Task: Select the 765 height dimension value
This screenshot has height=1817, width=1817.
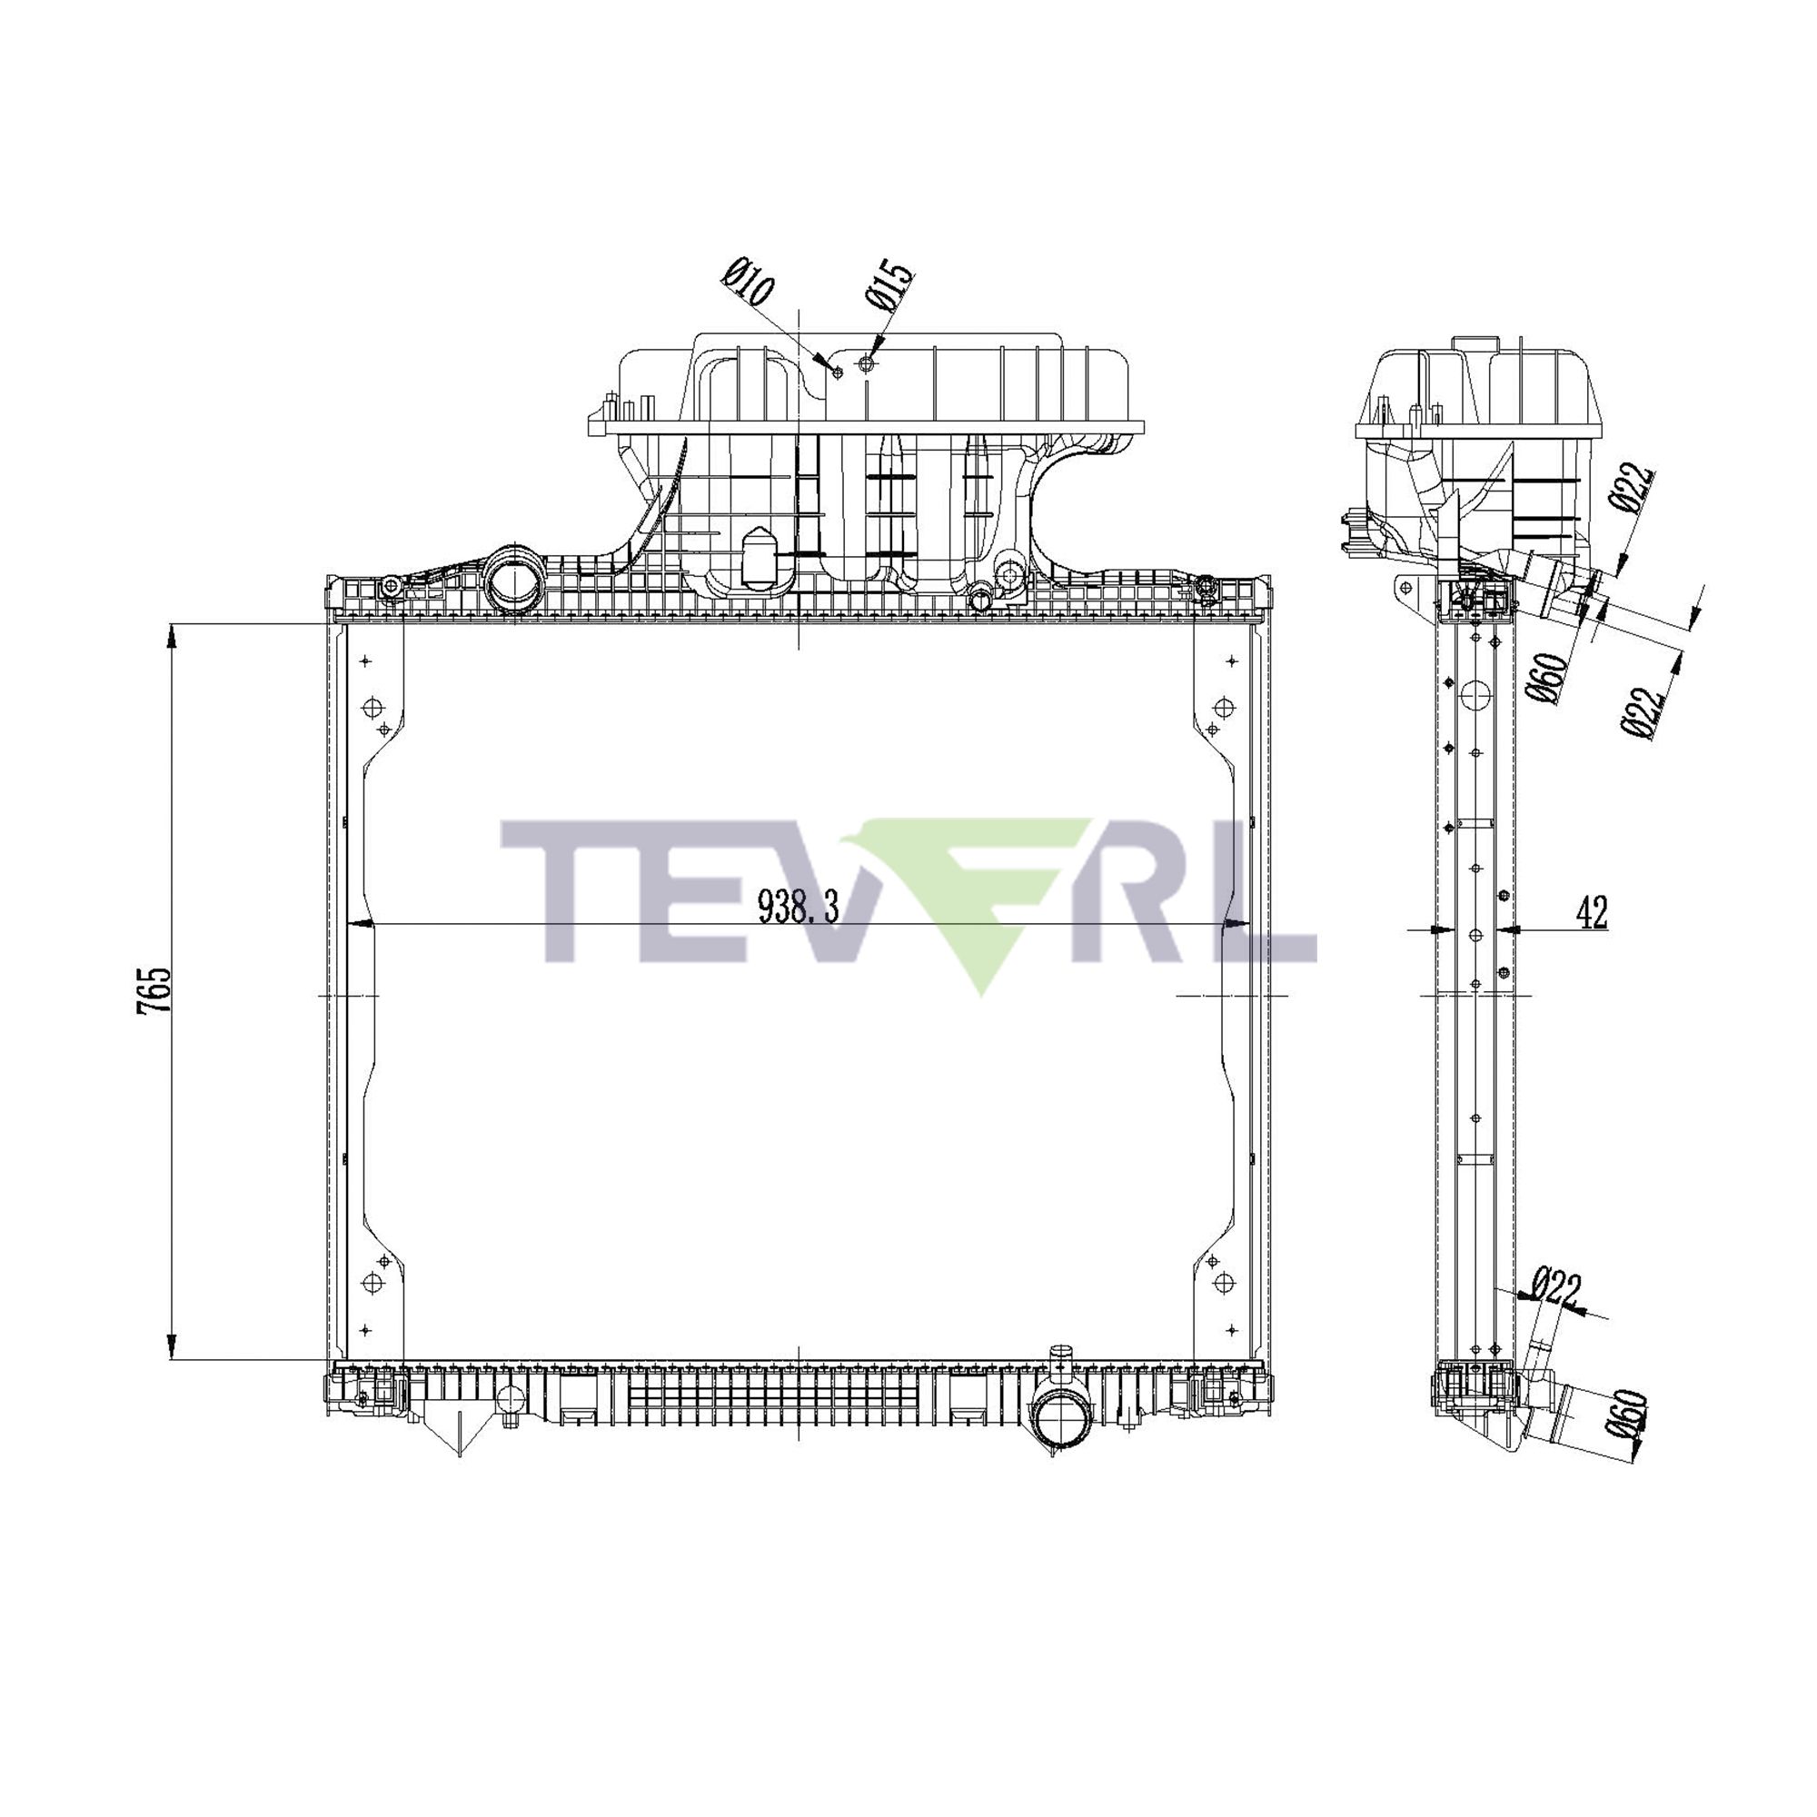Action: (154, 989)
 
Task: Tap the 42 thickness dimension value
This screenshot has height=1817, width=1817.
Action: (1592, 912)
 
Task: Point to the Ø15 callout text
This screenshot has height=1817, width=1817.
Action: (889, 285)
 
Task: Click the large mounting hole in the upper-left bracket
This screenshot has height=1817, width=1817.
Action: (372, 707)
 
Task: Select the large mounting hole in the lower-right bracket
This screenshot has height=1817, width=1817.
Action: (1224, 1285)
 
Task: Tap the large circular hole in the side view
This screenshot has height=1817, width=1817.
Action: (1476, 697)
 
